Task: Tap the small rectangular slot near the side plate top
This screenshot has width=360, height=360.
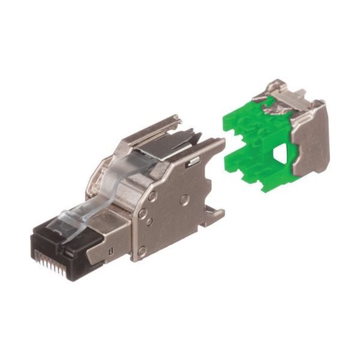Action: [x=193, y=161]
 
